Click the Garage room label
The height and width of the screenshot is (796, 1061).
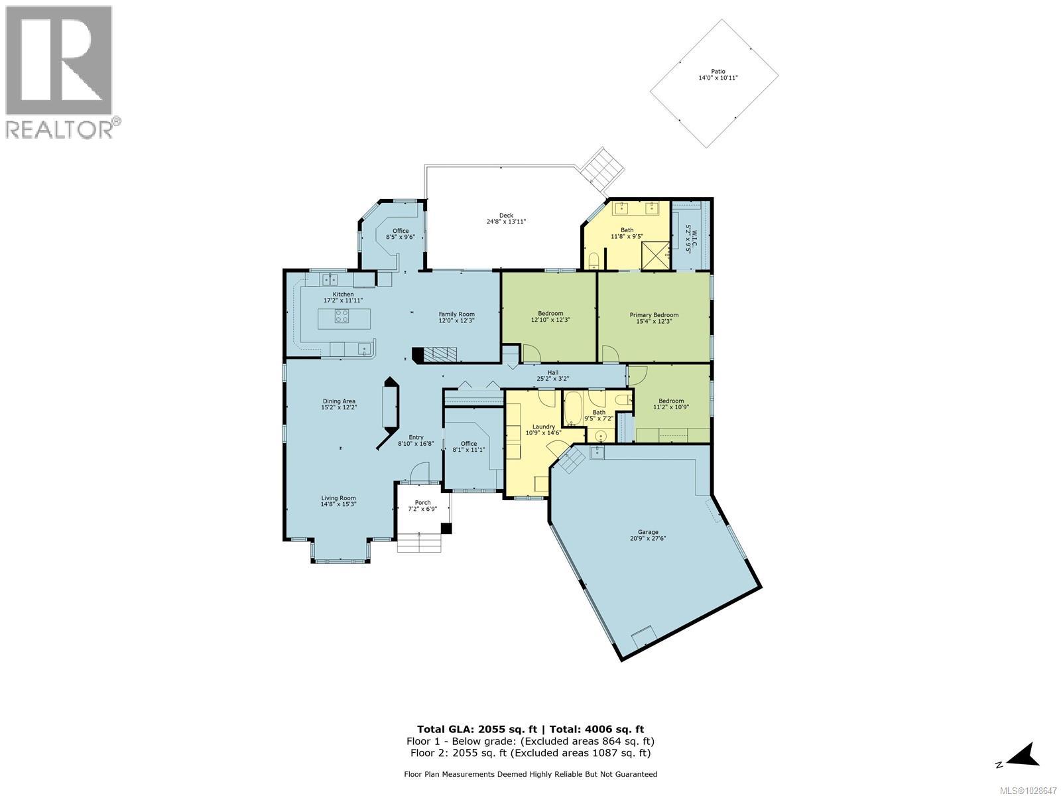(x=648, y=532)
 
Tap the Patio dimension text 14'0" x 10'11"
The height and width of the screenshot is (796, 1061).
(x=718, y=78)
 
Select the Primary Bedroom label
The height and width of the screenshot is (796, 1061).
(x=654, y=315)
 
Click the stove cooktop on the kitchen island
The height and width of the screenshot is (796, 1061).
(x=342, y=316)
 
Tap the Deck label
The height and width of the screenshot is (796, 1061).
(x=506, y=215)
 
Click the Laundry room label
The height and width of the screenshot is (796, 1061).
(x=544, y=427)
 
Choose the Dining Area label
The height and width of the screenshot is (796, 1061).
(x=339, y=401)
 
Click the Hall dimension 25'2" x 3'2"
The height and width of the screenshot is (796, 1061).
(x=552, y=379)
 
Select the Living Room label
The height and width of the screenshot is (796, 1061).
(x=339, y=498)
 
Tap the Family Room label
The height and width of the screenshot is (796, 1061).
(x=456, y=314)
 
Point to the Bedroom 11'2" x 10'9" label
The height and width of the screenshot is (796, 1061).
(x=671, y=401)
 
